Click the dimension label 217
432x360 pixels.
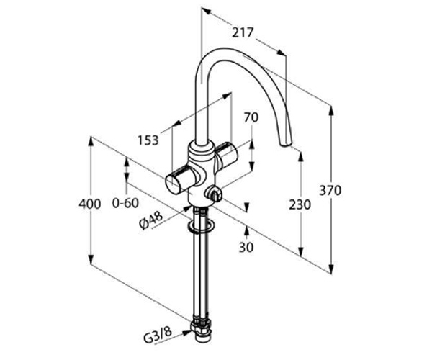point(242,32)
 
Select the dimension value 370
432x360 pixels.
point(330,190)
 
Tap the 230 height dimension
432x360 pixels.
point(300,205)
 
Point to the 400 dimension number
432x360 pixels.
point(90,204)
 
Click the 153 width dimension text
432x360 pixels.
point(148,140)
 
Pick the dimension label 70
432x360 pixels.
point(251,117)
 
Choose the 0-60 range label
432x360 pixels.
point(125,203)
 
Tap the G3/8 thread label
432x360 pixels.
point(158,334)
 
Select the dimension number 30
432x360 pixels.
point(246,248)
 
